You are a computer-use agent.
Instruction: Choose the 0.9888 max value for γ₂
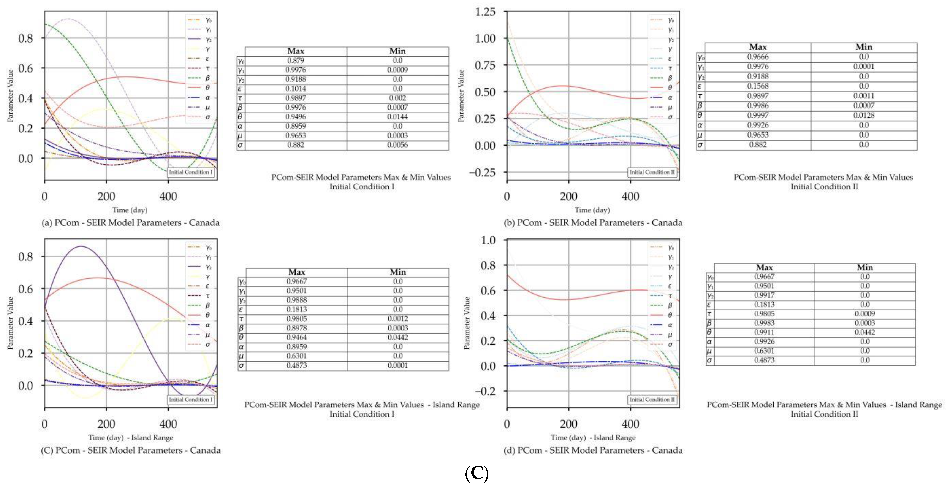tap(296, 300)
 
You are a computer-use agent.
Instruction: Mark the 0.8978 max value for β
tap(296, 328)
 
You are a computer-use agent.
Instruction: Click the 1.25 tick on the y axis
tap(485, 12)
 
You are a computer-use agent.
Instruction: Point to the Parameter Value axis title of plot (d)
tap(467, 323)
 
